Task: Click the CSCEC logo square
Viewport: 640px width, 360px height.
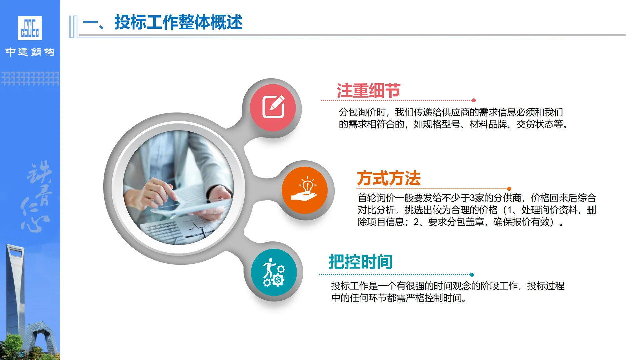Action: coord(30,28)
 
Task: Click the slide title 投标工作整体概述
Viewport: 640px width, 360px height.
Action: coord(178,22)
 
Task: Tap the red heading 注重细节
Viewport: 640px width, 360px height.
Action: coord(368,91)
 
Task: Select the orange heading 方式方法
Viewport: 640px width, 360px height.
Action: coord(389,178)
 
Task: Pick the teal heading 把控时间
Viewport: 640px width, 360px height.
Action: coord(360,262)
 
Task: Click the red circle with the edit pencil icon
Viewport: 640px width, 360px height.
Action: coord(273,107)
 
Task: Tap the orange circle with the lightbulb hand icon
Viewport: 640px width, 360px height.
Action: coord(304,190)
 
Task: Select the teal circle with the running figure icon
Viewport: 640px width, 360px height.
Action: coord(274,272)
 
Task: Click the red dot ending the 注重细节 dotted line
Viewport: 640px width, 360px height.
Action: coord(474,100)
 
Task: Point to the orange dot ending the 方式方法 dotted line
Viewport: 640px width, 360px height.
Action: coord(509,189)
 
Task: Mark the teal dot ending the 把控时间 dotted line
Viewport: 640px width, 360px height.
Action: coord(472,275)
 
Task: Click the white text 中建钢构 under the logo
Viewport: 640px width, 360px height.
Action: coord(30,52)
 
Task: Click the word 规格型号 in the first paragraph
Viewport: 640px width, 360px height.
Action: coord(441,124)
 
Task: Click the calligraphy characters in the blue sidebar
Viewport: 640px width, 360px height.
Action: coord(37,197)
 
